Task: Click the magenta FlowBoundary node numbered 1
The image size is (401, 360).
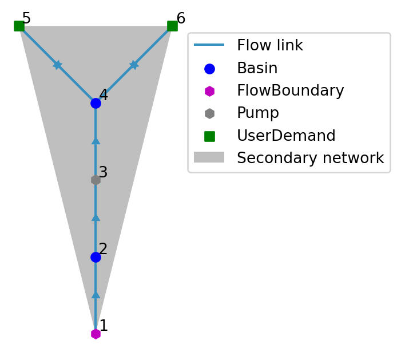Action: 96,334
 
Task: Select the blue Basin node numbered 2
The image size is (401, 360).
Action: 96,257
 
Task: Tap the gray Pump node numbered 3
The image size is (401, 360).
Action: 96,180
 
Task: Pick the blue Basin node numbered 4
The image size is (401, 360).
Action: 96,103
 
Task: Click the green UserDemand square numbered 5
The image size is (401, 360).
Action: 19,26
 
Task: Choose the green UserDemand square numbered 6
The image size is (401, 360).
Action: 172,26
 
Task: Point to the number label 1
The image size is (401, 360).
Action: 104,326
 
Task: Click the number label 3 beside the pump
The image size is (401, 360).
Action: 103,173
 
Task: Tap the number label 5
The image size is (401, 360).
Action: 26,19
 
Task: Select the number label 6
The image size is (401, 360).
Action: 181,19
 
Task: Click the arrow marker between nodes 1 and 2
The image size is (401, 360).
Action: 96,295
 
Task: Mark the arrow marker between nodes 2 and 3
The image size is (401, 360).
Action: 96,217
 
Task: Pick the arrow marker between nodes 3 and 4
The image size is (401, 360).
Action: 96,141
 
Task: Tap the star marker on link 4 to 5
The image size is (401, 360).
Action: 57,65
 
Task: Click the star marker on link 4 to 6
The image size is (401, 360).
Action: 134,65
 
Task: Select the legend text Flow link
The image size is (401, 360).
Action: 270,46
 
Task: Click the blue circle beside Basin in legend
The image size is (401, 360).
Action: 209,69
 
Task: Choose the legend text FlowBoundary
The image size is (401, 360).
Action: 291,91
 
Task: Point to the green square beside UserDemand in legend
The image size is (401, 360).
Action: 209,136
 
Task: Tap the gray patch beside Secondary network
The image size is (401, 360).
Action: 209,157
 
